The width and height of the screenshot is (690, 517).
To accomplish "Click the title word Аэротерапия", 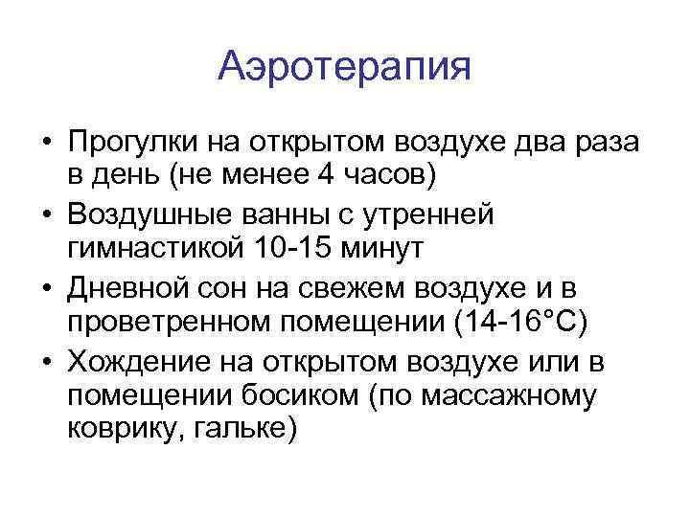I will [x=344, y=67].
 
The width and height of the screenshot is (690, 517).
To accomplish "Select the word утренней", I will [x=436, y=214].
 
